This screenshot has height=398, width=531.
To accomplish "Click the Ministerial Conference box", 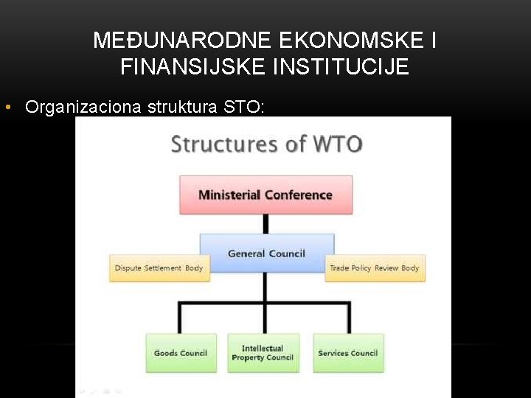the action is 265,195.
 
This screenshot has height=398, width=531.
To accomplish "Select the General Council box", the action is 266,254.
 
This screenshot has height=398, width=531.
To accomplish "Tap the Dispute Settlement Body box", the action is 159,268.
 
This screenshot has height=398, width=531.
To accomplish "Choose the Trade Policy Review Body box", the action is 375,268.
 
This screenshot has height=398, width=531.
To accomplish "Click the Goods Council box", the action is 181,353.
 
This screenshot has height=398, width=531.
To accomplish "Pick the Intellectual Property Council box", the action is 263,353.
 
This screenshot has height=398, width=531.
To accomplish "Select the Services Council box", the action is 348,353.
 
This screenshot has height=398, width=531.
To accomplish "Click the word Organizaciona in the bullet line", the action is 83,108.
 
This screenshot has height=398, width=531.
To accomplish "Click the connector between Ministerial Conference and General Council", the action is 265,224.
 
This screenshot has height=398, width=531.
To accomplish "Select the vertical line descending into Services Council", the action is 348,317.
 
